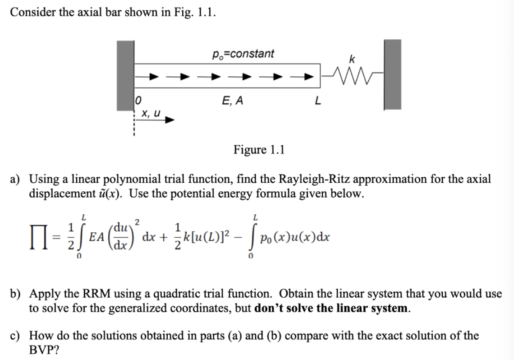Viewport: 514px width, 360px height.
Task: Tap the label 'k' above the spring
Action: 351,58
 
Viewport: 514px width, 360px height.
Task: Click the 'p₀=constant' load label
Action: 243,54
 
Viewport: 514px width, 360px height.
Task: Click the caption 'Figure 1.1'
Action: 259,149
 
